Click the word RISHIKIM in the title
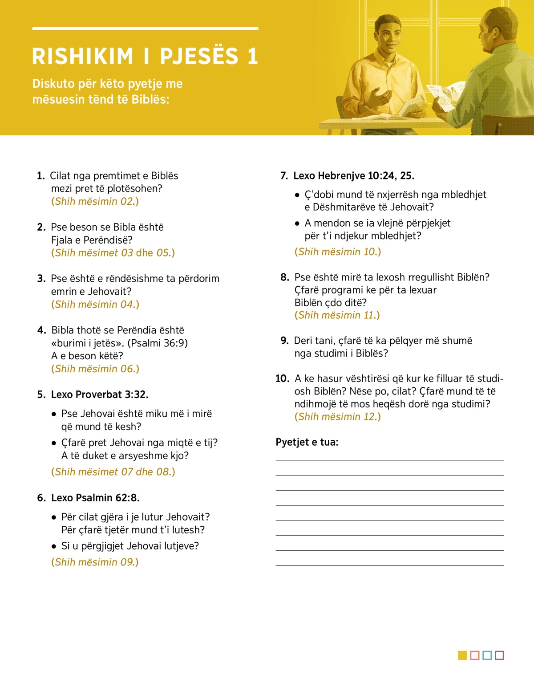tap(83, 57)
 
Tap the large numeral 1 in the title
tap(253, 57)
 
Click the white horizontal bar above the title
tap(145, 28)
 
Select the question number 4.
tap(41, 330)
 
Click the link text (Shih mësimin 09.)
tap(95, 562)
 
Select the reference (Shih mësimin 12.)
tap(338, 417)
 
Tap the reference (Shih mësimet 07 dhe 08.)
tap(113, 472)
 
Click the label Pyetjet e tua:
tap(307, 442)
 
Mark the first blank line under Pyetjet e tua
tap(389, 460)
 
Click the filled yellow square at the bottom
tap(462, 655)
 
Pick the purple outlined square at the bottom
tap(499, 655)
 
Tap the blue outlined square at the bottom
tap(487, 655)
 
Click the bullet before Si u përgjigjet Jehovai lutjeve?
tap(54, 546)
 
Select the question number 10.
tap(282, 379)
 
